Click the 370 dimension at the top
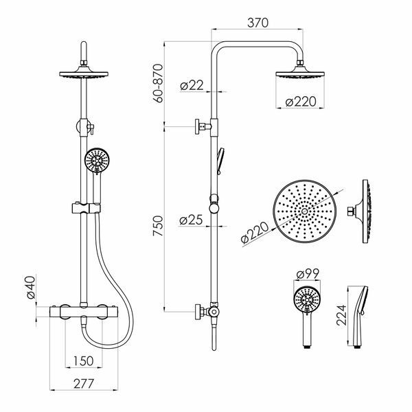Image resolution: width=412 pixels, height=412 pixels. pos(257,23)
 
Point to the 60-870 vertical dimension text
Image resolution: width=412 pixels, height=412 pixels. pos(159,83)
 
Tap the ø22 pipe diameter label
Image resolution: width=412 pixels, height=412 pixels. pos(192,85)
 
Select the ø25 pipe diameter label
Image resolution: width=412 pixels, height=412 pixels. pos(191,220)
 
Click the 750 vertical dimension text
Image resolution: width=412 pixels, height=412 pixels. pos(158,225)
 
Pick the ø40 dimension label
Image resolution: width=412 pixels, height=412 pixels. pos(31,287)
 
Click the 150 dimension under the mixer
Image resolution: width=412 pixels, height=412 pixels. pos(83,360)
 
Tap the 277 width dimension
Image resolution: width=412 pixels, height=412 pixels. pos(84,384)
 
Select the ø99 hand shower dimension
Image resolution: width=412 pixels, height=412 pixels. pos(308,274)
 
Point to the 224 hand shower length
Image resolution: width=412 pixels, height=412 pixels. pos(342,315)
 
